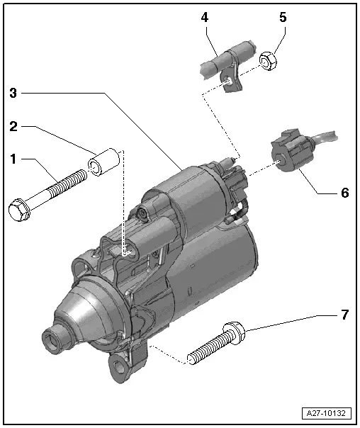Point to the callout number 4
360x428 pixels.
[x=204, y=18]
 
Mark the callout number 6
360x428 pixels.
[x=345, y=192]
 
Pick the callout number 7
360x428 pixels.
[x=345, y=314]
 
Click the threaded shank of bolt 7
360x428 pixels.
[x=206, y=348]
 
